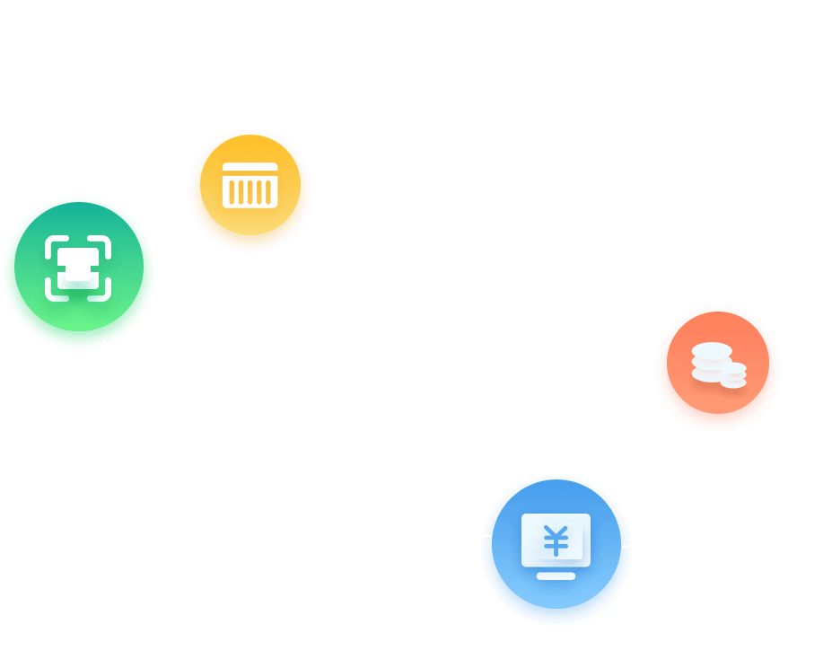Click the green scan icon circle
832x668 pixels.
pos(79,272)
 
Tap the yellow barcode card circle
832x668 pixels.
pos(250,189)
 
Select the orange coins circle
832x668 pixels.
pos(717,367)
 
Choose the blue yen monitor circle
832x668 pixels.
pos(556,549)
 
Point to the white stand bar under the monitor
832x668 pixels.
pos(556,576)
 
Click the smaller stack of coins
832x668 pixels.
pos(733,374)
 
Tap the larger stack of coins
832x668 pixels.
pos(711,362)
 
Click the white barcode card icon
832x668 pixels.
pos(250,185)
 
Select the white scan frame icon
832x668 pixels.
pos(78,268)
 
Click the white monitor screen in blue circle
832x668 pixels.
pos(556,540)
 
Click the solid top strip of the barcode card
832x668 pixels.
pos(250,168)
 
